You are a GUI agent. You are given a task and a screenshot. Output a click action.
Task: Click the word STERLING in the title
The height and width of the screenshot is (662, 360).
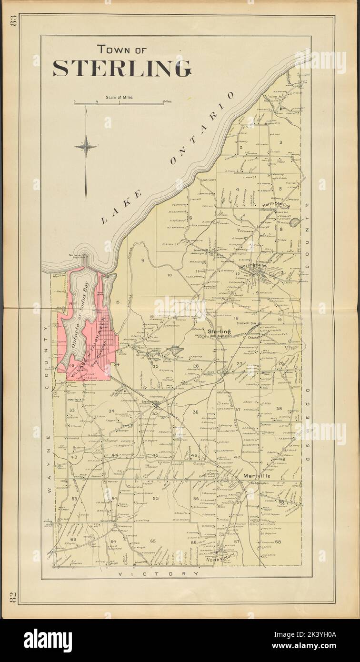click(x=121, y=69)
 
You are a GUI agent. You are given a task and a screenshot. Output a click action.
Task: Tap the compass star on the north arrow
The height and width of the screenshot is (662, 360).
click(x=86, y=146)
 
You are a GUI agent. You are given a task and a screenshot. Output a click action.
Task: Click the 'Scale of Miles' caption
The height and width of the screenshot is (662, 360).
click(x=119, y=97)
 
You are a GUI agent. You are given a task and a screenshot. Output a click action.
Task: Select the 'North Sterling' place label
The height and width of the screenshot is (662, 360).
click(x=276, y=206)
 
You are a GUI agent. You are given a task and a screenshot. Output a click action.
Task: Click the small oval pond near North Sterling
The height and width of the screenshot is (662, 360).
click(x=295, y=221)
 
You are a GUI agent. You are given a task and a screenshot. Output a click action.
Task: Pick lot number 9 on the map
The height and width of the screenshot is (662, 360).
click(x=142, y=260)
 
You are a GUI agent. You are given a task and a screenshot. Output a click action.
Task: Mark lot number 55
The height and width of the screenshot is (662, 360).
click(x=156, y=498)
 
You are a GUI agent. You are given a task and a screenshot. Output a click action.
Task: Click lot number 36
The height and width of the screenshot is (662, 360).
click(x=195, y=412)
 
